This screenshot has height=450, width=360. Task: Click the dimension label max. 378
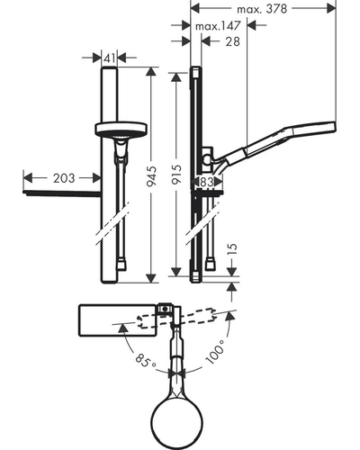pyautogui.click(x=262, y=9)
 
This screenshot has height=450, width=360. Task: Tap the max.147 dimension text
pyautogui.click(x=218, y=26)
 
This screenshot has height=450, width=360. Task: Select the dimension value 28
pyautogui.click(x=233, y=41)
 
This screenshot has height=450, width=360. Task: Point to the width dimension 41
pyautogui.click(x=109, y=58)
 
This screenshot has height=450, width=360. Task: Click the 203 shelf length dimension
pyautogui.click(x=64, y=178)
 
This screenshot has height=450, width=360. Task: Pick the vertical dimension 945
pyautogui.click(x=152, y=176)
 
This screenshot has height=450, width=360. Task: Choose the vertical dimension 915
pyautogui.click(x=176, y=175)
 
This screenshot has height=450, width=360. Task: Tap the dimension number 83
pyautogui.click(x=206, y=182)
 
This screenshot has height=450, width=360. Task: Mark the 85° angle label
pyautogui.click(x=145, y=360)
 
